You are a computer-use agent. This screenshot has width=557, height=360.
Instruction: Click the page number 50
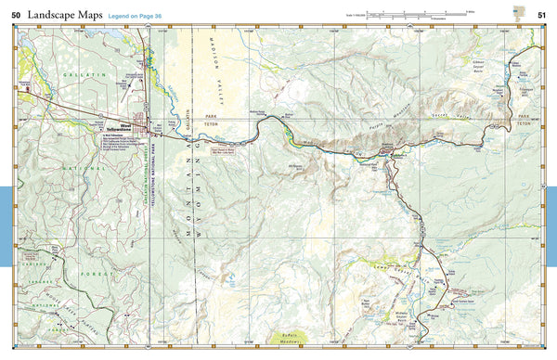click(x=17, y=14)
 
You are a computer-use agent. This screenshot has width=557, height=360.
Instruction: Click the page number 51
click(x=540, y=14)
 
